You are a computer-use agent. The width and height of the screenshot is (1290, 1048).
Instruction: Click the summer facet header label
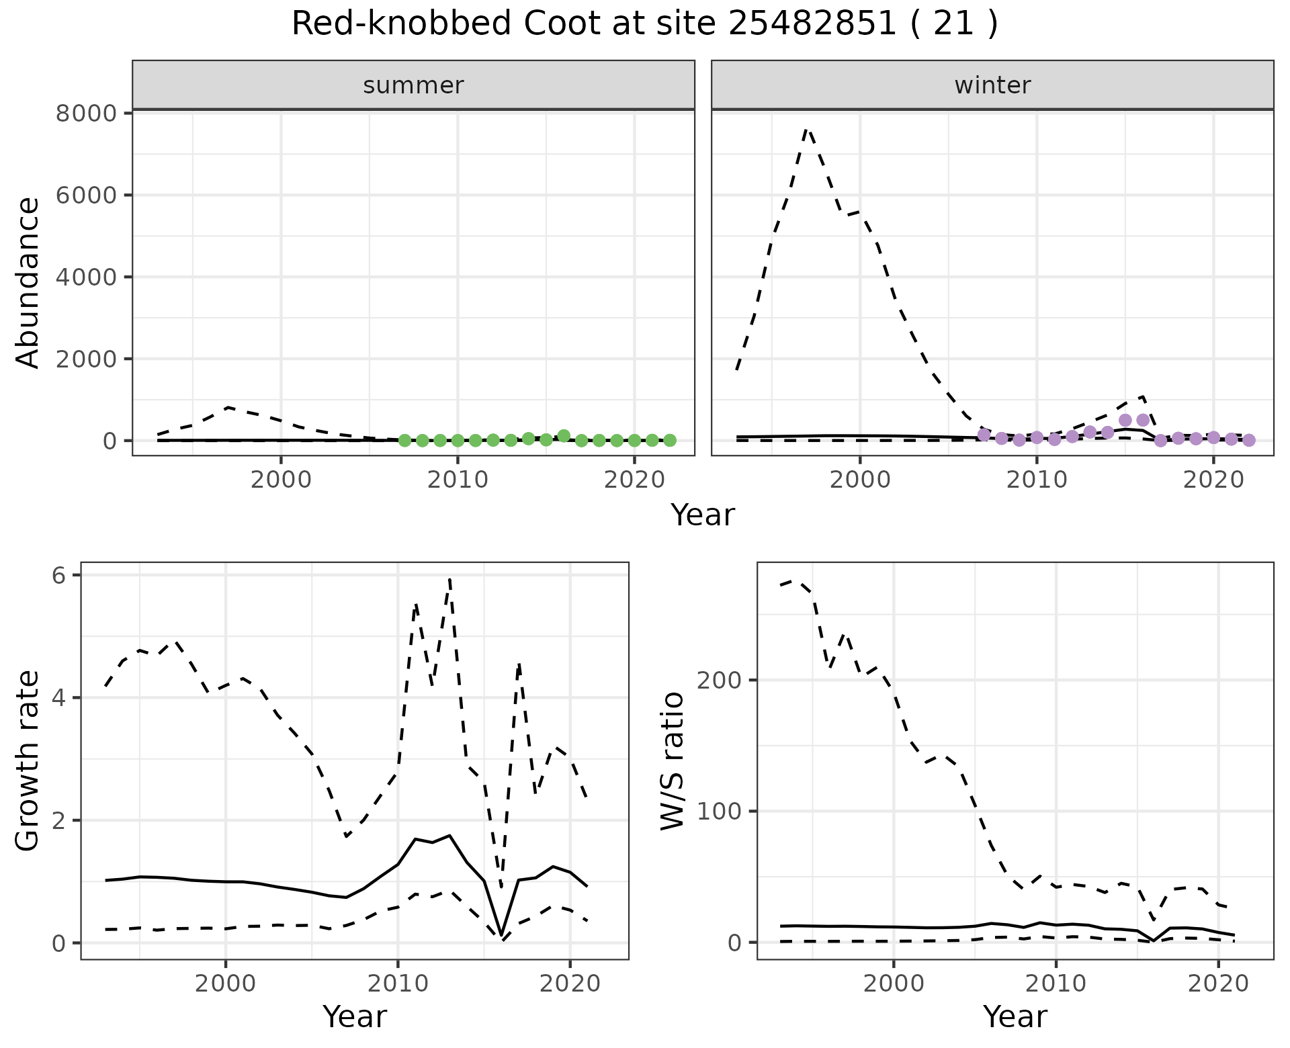[x=413, y=85]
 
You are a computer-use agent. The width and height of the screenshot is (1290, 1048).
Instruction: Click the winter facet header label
[x=992, y=85]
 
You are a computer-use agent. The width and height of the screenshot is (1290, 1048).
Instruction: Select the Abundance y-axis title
[x=28, y=282]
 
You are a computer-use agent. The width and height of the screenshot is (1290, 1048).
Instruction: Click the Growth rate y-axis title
[x=28, y=760]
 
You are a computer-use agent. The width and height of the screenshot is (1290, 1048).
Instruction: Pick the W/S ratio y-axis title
[x=673, y=760]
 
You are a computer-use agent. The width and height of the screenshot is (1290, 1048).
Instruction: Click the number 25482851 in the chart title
[x=812, y=24]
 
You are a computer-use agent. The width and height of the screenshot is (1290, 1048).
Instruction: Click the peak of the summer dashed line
[x=228, y=407]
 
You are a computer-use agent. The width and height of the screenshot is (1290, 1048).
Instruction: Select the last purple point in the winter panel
[x=1249, y=440]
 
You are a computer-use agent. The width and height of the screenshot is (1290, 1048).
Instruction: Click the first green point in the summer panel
[x=404, y=441]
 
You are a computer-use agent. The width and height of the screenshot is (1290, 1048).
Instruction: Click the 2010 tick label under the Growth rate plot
[x=398, y=984]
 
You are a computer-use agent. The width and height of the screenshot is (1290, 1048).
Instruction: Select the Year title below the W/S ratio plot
[x=1015, y=1016]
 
